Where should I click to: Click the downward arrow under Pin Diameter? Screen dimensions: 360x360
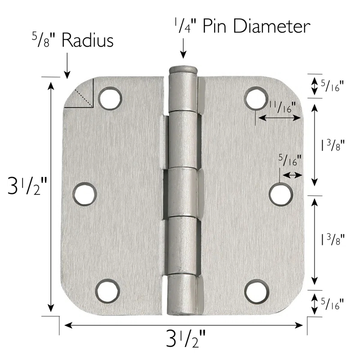click(x=183, y=49)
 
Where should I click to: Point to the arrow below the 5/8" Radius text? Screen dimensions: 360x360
click(x=66, y=66)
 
